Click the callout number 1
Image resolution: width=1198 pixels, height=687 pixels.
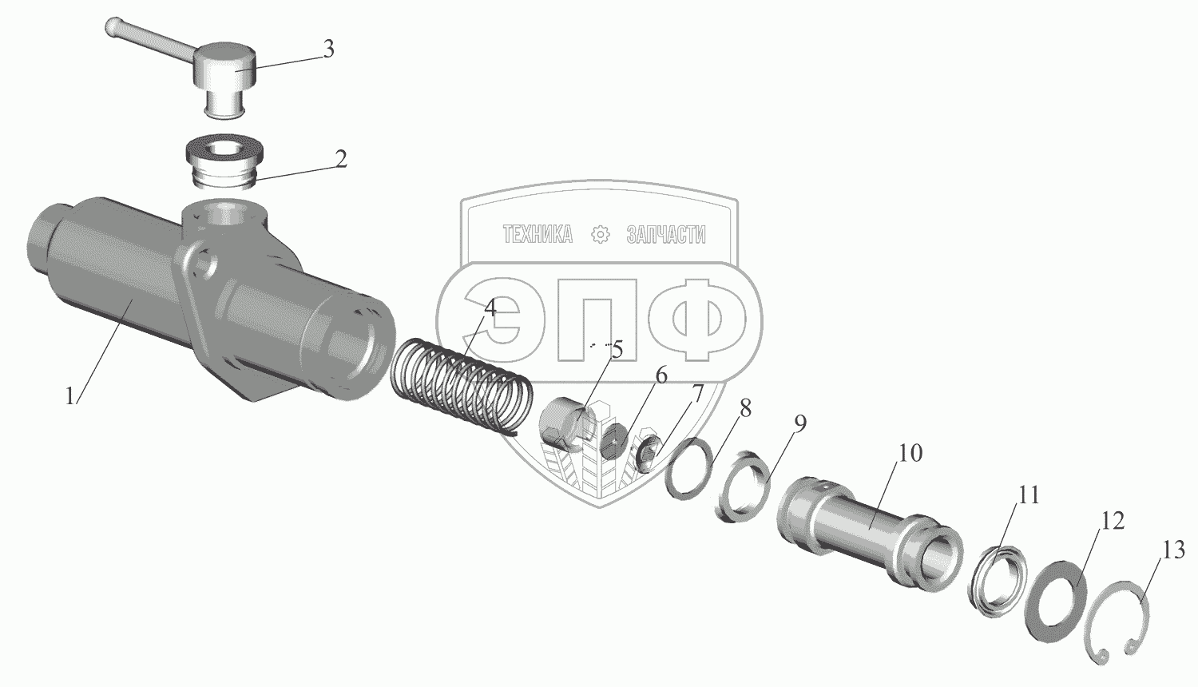click(x=70, y=397)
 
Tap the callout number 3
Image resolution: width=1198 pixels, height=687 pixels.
click(x=328, y=50)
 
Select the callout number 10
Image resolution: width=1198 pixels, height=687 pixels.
click(x=910, y=453)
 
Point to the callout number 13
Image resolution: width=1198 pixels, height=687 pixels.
click(x=1173, y=550)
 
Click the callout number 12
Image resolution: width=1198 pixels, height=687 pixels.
click(x=1113, y=521)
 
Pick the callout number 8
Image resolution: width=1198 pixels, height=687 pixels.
click(x=745, y=409)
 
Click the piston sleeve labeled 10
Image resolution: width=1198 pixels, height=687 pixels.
click(x=869, y=530)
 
